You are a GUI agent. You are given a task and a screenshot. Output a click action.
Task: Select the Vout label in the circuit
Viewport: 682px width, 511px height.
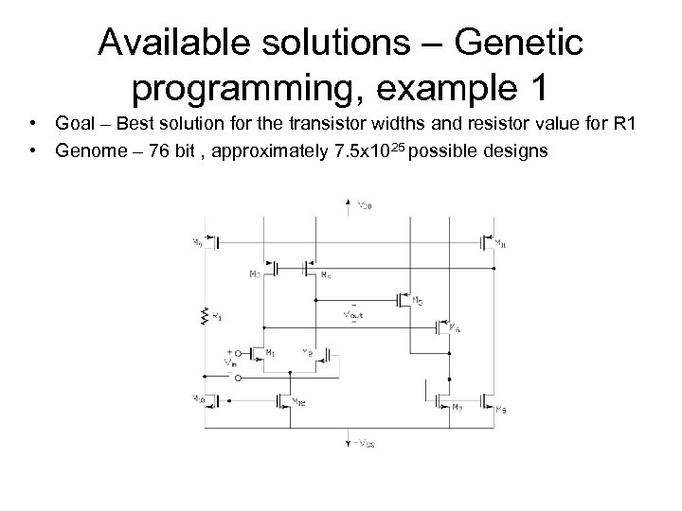click(x=353, y=311)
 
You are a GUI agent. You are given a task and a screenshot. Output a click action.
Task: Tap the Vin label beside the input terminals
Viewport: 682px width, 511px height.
click(x=228, y=361)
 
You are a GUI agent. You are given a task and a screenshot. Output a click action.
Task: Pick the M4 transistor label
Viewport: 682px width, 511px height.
click(x=325, y=275)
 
